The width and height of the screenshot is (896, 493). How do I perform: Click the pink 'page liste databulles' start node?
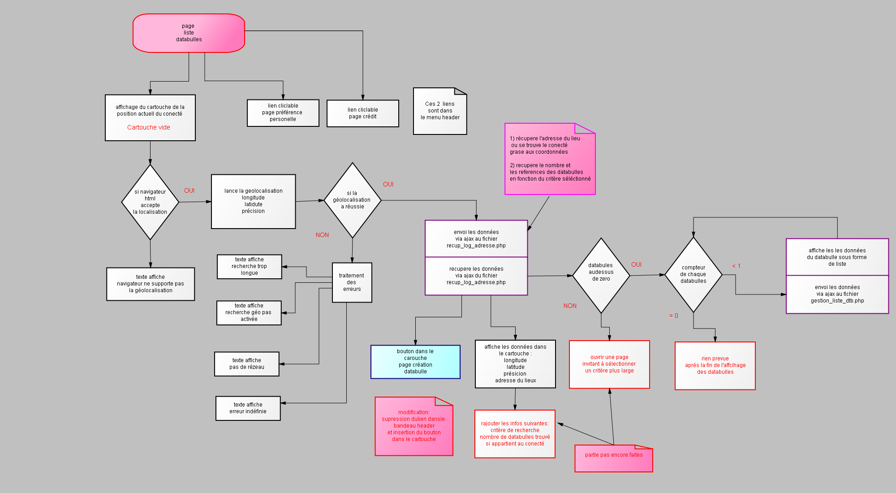[189, 33]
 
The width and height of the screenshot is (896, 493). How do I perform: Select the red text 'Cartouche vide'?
[149, 127]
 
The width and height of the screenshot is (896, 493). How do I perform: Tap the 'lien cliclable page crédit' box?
[363, 113]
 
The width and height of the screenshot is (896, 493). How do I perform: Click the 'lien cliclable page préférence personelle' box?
[283, 113]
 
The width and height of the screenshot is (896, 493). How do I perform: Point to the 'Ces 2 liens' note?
[440, 111]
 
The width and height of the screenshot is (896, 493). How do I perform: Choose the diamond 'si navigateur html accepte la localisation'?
[150, 202]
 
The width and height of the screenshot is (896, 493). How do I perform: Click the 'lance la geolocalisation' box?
[254, 202]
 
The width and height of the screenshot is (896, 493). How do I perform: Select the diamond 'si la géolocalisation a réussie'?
[353, 200]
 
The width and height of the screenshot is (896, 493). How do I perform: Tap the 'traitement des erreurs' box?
[352, 282]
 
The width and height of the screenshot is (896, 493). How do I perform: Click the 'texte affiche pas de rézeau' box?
[247, 364]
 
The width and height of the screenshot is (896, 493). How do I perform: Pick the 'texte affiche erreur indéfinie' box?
[248, 408]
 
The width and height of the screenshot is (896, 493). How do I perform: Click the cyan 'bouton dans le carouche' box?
[415, 362]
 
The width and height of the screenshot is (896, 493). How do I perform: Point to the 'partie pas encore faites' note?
[614, 458]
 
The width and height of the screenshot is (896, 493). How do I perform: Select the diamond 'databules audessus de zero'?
[601, 276]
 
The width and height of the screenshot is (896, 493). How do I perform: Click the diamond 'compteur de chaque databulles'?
[694, 275]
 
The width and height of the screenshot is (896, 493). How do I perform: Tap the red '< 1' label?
[737, 266]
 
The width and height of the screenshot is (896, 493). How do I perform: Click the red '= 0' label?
[674, 316]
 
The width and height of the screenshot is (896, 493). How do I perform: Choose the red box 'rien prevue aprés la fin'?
[715, 366]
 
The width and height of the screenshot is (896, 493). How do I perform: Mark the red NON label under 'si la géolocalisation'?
[322, 235]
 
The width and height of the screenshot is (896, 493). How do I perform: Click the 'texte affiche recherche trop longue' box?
[250, 267]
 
